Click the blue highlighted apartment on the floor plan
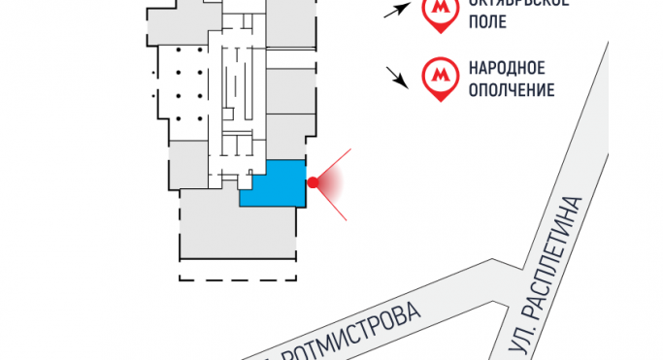point(276,184)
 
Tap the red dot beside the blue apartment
point(313,181)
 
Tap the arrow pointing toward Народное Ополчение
point(396,77)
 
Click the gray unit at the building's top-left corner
point(175,24)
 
